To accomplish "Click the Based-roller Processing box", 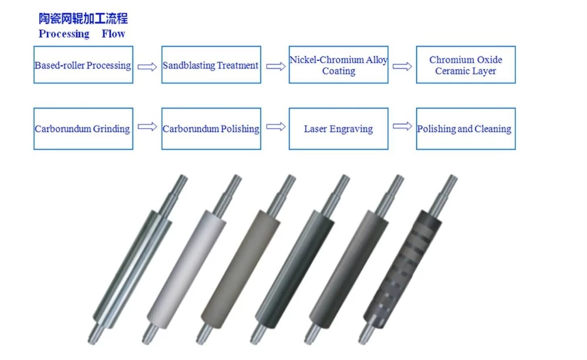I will point(83,65).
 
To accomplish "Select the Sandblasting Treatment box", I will point(211,65).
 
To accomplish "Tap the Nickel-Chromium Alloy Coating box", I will point(339,65).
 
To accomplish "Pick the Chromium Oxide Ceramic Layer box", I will point(465,65).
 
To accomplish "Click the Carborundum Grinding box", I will point(83,128).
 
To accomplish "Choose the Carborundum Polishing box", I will point(211,128).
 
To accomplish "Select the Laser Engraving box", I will point(339,128).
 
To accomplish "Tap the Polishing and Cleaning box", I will point(465,128).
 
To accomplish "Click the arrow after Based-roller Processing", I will point(147,66).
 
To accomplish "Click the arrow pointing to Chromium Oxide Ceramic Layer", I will point(402,66).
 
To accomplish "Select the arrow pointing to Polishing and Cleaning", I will point(402,126).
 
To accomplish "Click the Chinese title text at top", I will point(83,19).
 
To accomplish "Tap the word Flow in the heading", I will point(113,34).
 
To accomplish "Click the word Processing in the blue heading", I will point(64,34).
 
